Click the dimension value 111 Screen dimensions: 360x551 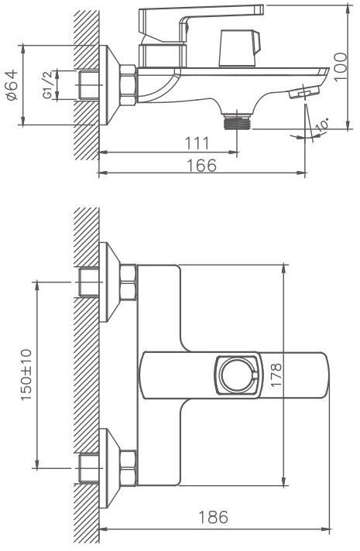pos(197,143)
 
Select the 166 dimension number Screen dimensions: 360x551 pos(201,165)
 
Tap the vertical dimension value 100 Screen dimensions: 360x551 pos(341,67)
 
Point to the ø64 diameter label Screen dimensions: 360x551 pos(12,85)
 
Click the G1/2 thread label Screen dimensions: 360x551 pos(47,84)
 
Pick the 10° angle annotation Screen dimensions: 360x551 pos(322,125)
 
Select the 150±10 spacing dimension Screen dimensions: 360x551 pos(26,375)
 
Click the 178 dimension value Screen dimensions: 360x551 pos(276,375)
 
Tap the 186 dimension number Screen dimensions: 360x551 pos(214,517)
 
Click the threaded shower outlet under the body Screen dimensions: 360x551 pos(238,121)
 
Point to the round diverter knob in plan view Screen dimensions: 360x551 pos(238,375)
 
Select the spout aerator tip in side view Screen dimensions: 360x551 pos(303,92)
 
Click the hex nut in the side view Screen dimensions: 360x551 pos(128,85)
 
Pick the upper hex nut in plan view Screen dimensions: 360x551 pos(128,282)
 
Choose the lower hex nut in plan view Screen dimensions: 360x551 pos(128,467)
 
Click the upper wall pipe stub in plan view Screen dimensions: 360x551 pos(88,282)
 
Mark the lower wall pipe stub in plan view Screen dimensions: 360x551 pos(88,468)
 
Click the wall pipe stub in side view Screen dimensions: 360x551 pos(88,84)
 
